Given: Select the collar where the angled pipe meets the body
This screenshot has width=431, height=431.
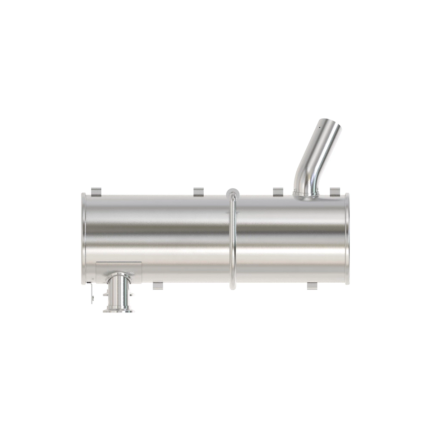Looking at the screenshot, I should pyautogui.click(x=305, y=194).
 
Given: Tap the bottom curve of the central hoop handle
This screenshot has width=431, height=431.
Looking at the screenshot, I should pyautogui.click(x=232, y=286).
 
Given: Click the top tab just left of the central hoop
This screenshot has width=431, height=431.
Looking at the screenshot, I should pyautogui.click(x=199, y=192).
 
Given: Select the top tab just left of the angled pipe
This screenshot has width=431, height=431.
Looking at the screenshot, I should pyautogui.click(x=278, y=192).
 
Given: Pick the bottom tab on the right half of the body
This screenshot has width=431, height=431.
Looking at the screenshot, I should pyautogui.click(x=312, y=286).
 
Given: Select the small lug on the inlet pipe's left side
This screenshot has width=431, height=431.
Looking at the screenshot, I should pyautogui.click(x=105, y=295).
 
